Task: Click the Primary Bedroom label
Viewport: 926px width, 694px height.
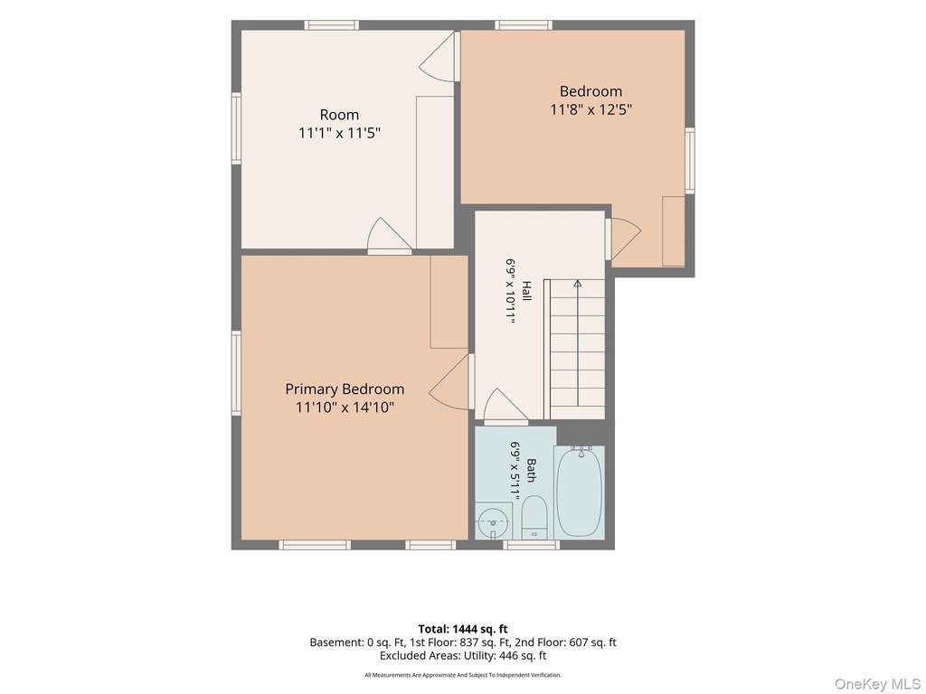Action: pyautogui.click(x=345, y=389)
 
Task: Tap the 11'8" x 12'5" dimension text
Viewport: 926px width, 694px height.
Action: pyautogui.click(x=591, y=109)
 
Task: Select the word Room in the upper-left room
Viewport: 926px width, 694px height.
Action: pyautogui.click(x=339, y=115)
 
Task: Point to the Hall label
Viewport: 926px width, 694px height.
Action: pyautogui.click(x=525, y=290)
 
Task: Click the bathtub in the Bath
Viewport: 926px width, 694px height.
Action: pyautogui.click(x=579, y=492)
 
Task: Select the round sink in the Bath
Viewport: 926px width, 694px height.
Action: pyautogui.click(x=493, y=521)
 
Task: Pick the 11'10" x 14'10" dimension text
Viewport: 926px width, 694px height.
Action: pyautogui.click(x=345, y=408)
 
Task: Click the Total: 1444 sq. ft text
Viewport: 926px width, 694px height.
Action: pyautogui.click(x=462, y=629)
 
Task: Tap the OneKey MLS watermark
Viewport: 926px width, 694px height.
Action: pyautogui.click(x=876, y=684)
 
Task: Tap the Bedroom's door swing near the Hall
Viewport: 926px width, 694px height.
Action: pyautogui.click(x=623, y=239)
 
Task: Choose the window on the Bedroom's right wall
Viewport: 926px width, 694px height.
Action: pyautogui.click(x=689, y=160)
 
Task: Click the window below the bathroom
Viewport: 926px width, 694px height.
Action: pyautogui.click(x=531, y=545)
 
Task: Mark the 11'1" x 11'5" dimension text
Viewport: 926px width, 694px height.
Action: pyautogui.click(x=339, y=133)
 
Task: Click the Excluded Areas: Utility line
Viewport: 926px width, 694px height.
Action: pyautogui.click(x=462, y=656)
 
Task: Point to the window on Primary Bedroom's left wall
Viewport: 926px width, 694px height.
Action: pyautogui.click(x=236, y=373)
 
